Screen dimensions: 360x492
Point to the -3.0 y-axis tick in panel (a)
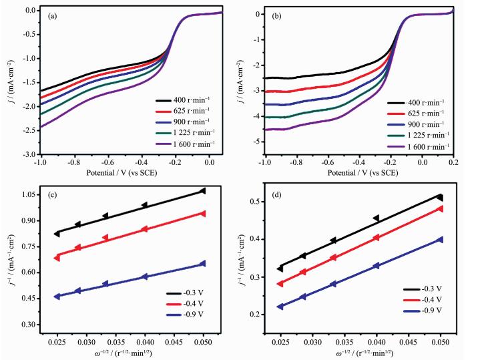[31, 154]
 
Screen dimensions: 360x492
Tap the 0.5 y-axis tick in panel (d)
[256, 202]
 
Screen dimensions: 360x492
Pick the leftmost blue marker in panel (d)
[280, 307]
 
